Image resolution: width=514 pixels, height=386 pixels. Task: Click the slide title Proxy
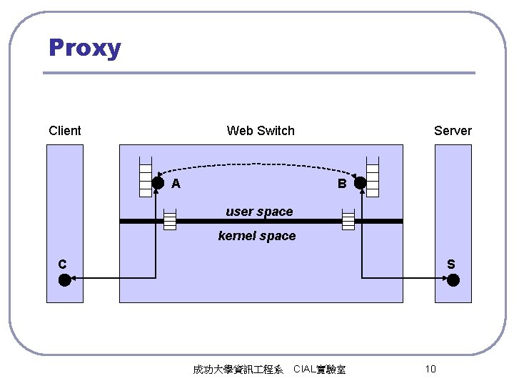tap(85, 49)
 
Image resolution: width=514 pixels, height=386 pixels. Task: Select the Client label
tap(65, 131)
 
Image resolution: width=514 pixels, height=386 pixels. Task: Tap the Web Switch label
tap(261, 131)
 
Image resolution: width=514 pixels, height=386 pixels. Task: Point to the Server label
tap(453, 131)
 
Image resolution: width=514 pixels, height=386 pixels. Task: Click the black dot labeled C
tap(65, 279)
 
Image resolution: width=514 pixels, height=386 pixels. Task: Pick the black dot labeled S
tap(454, 279)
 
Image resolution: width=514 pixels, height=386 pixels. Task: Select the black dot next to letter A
tap(158, 183)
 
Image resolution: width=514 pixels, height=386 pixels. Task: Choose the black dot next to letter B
tap(360, 183)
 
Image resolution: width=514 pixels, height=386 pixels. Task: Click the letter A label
tap(176, 184)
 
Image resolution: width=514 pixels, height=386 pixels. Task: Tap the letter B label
tap(342, 184)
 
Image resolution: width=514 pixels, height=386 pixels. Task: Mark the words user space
tap(259, 212)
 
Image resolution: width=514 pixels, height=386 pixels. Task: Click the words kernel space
tap(257, 236)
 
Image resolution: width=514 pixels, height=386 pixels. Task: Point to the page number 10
tap(430, 369)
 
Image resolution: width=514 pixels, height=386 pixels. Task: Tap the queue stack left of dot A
tap(146, 175)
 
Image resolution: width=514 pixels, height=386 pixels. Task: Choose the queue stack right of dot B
tap(372, 175)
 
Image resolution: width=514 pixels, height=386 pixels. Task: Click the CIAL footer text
tap(319, 370)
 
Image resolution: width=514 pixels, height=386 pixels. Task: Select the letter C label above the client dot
tap(63, 264)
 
